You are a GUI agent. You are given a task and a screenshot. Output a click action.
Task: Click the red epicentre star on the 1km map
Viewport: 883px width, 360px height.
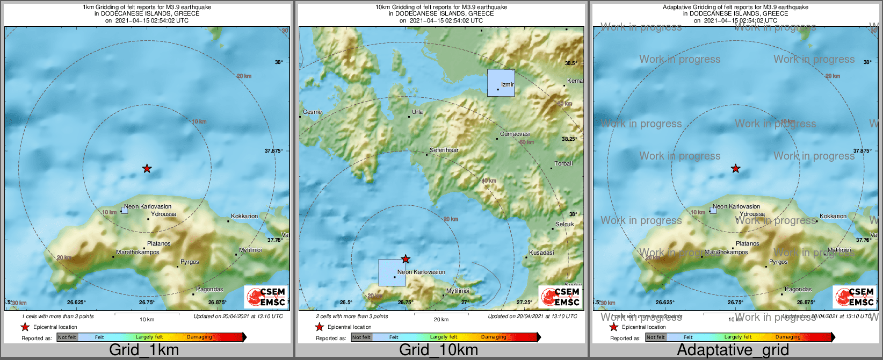point(147,169)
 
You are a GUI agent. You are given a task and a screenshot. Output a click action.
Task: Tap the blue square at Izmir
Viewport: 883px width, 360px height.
point(501,83)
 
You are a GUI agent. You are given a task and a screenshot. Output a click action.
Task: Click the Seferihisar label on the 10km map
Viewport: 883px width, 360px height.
point(444,150)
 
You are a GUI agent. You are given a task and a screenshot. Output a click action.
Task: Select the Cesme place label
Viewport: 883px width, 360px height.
point(312,112)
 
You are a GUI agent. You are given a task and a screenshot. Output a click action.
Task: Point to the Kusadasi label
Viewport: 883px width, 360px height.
point(541,253)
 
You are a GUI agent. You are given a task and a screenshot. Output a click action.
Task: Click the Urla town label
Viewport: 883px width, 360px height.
point(417,112)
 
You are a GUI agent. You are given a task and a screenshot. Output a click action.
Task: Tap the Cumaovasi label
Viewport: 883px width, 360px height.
point(515,134)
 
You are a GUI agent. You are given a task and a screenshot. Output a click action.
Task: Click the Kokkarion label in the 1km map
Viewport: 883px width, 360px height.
point(244,216)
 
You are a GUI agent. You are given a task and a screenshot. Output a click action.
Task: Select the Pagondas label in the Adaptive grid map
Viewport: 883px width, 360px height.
point(798,290)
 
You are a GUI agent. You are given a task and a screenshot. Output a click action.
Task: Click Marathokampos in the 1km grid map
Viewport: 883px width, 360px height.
point(137,252)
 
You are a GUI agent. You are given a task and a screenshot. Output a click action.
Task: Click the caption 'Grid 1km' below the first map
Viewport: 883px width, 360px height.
point(144,350)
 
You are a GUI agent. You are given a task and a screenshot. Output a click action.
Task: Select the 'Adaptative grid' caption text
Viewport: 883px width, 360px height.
point(733,350)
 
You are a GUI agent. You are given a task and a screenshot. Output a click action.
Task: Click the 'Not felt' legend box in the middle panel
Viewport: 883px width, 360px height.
point(361,337)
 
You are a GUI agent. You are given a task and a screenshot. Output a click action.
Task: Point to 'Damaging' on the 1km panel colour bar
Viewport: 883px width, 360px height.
point(199,337)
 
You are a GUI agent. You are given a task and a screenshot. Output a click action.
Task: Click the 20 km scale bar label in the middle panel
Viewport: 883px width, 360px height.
point(441,320)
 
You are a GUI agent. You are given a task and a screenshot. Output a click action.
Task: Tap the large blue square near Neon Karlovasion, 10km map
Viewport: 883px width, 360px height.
point(392,272)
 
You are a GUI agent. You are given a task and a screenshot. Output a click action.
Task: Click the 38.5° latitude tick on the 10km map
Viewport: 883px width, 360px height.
point(570,63)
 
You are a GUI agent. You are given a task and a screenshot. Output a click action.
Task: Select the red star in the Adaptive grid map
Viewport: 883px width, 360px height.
point(735,169)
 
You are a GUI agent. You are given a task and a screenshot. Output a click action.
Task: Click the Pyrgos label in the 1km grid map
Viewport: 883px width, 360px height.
point(190,262)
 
